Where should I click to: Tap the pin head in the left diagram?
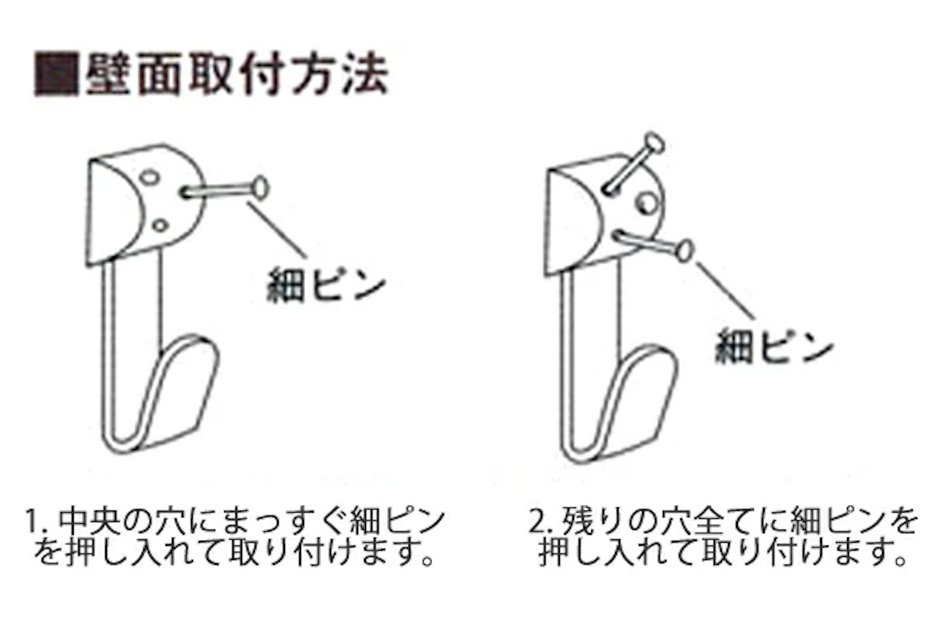[260, 188]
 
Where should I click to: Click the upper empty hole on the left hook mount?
[150, 177]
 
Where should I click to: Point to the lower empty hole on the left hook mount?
[160, 226]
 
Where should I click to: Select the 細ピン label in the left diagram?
[325, 284]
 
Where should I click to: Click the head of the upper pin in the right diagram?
[654, 143]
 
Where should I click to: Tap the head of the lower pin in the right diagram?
[685, 251]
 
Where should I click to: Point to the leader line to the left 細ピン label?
[276, 230]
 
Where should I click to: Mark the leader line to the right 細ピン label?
[726, 290]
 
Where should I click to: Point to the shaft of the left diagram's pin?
[218, 191]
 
